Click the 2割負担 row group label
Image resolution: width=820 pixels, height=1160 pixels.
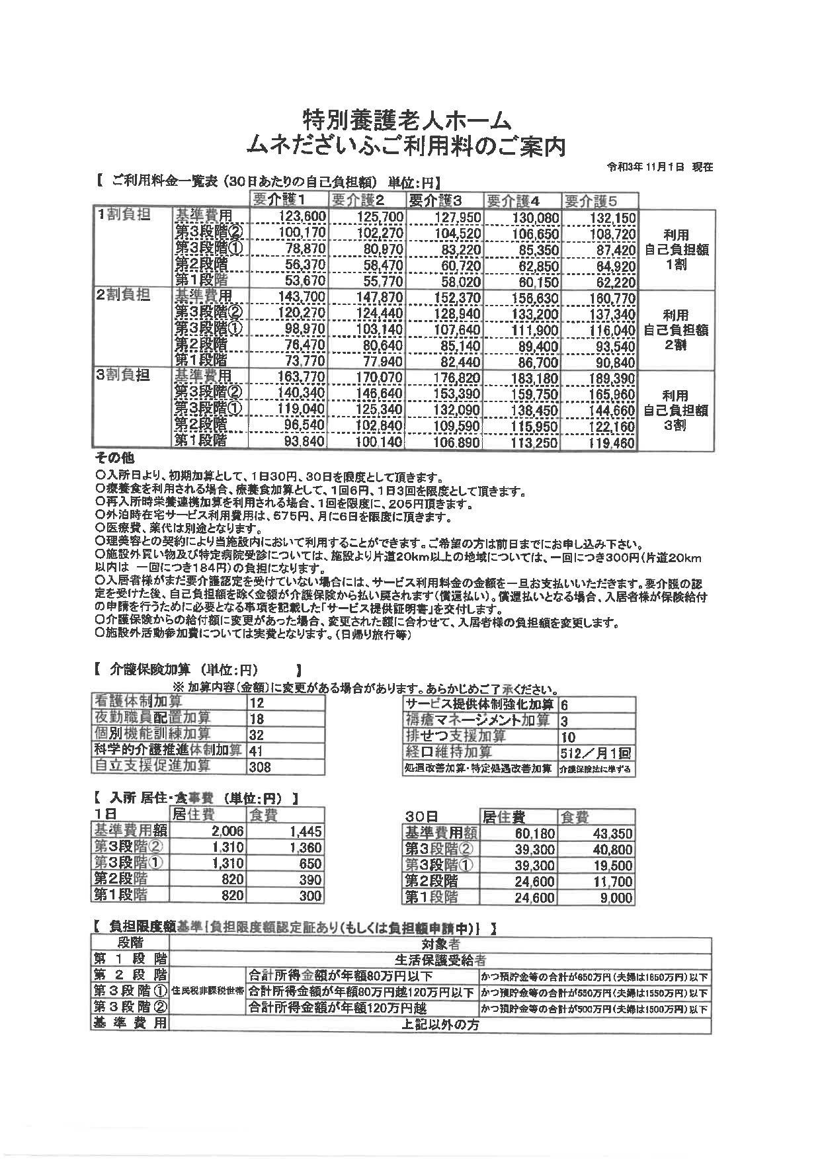click(124, 295)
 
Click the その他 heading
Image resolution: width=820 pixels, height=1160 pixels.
click(114, 458)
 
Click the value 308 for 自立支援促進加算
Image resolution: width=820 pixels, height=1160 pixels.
click(260, 767)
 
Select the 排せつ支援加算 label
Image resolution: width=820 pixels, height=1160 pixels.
click(456, 736)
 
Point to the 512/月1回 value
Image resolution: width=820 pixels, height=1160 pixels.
click(595, 753)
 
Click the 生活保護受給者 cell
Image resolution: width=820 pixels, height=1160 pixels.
click(440, 960)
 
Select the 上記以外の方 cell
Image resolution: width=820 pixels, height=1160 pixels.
click(440, 1024)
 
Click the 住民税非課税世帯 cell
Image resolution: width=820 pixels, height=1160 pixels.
click(208, 992)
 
